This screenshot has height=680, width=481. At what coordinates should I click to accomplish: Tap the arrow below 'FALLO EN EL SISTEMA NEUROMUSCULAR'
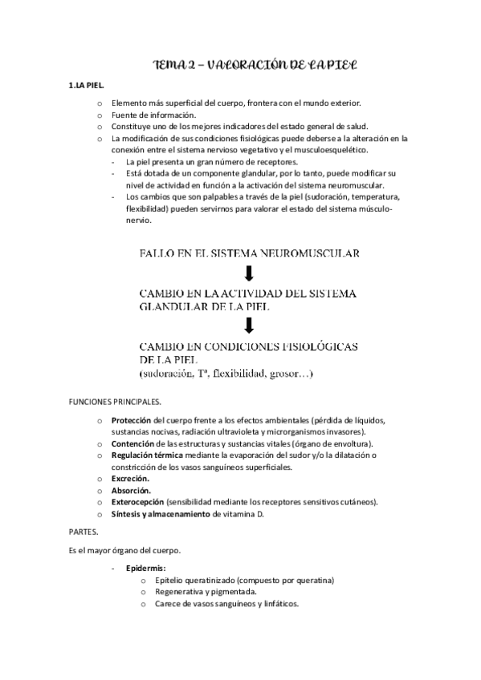coord(249,273)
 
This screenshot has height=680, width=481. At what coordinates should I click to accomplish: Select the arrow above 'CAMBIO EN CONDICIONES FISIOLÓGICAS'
coord(249,325)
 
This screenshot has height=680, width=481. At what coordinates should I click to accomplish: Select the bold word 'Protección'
coord(131,420)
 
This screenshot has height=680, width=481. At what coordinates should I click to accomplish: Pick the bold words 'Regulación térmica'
coord(147,455)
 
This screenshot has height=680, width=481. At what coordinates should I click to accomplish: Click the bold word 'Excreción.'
coord(129,479)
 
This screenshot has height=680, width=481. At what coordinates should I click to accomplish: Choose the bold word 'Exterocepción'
coord(138,502)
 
